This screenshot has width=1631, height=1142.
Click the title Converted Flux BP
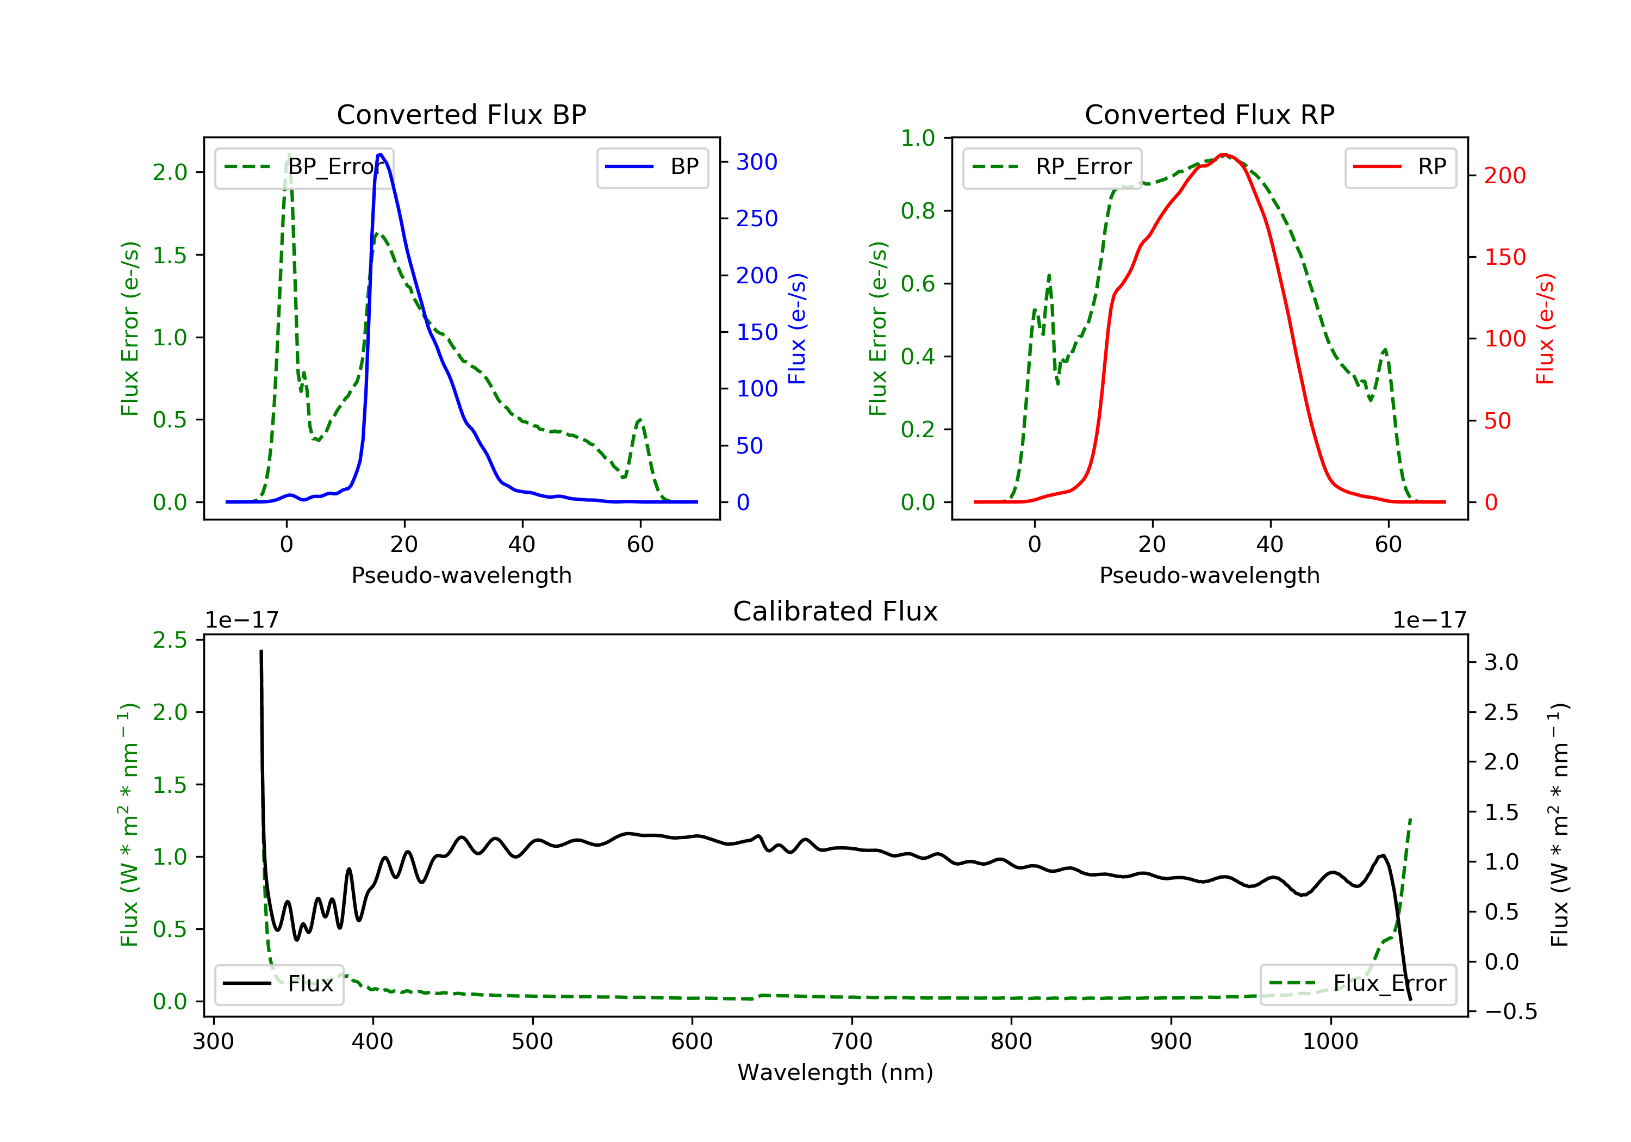coord(461,114)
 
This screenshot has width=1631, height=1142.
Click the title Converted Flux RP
coord(1209,114)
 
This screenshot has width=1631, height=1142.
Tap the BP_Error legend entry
coord(304,167)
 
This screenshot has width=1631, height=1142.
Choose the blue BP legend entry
coord(652,167)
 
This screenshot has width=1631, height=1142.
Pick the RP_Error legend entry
coord(1051,167)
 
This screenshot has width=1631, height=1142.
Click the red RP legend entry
coord(1399,167)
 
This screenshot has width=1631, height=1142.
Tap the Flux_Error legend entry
coord(1358,984)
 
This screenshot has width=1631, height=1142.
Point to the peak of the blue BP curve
coord(381,154)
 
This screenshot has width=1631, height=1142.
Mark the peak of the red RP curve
coord(1223,154)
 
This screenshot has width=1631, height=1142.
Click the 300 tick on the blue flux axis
coord(757,162)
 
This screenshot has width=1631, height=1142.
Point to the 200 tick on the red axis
coord(1504,176)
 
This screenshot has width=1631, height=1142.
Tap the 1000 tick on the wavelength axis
coord(1330,1042)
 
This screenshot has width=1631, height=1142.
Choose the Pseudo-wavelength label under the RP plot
coord(1209,575)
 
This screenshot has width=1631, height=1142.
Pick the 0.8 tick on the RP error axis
coord(917,211)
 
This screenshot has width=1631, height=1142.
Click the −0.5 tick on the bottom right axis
coord(1510,1012)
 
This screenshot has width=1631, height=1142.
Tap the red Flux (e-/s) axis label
coord(1545,329)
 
